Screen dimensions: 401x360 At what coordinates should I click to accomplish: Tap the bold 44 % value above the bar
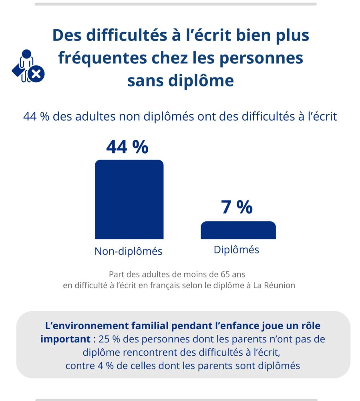point(127,147)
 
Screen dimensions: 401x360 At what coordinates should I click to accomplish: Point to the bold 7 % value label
point(237,207)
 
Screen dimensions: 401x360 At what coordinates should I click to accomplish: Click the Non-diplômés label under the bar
point(128,251)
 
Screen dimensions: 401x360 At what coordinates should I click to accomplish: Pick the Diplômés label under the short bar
point(236,249)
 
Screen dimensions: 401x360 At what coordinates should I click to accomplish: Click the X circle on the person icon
point(37,74)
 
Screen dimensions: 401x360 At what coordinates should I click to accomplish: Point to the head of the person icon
point(27,54)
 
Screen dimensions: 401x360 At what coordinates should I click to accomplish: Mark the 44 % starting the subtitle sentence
point(36,116)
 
